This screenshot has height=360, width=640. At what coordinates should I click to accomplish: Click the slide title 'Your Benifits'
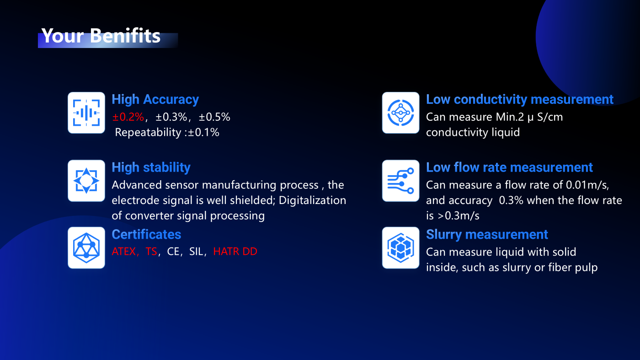[101, 36]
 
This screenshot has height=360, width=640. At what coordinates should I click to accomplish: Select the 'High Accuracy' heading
[155, 100]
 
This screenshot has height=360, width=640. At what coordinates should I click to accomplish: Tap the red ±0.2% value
[128, 117]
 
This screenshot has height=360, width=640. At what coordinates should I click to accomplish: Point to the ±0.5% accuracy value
[214, 117]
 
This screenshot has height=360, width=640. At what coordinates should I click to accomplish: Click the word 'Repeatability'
[148, 132]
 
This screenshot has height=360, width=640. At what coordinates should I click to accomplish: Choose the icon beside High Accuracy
[86, 113]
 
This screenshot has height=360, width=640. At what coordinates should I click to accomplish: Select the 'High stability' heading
[151, 167]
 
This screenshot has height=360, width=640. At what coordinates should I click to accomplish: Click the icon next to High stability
[86, 181]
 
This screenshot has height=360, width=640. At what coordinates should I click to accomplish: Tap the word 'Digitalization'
[312, 200]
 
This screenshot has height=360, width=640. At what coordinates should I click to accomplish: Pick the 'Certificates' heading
[146, 235]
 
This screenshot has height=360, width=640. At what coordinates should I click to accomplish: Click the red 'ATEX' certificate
[124, 252]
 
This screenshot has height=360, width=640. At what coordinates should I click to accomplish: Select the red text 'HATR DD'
[235, 252]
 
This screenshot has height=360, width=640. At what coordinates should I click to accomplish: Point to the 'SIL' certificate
[196, 252]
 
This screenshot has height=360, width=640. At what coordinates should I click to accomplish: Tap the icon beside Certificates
[86, 247]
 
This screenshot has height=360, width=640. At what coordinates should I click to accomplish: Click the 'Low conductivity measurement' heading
[520, 100]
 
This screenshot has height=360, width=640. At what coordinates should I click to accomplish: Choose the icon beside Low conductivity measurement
[400, 113]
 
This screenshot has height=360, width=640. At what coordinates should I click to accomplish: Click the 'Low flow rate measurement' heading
[509, 167]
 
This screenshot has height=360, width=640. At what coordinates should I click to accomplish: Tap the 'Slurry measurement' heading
[487, 235]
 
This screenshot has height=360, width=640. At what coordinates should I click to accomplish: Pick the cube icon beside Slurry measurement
[400, 247]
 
